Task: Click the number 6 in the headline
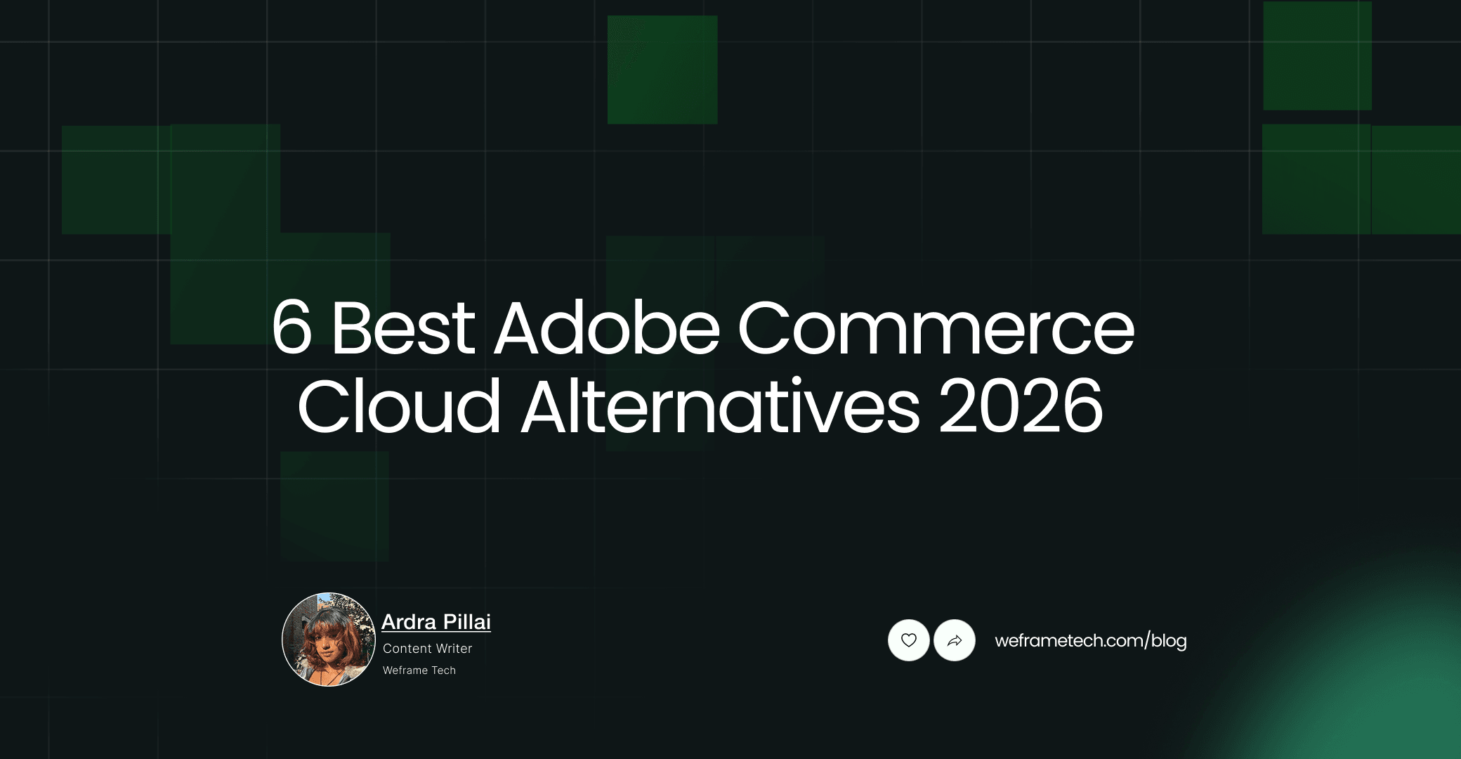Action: point(291,327)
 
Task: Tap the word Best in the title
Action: point(403,327)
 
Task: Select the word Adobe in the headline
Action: point(608,327)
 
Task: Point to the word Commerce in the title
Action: point(936,327)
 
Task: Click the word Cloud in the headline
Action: point(399,407)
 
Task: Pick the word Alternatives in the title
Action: point(720,407)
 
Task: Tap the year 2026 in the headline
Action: point(1021,407)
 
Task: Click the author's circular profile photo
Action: point(329,640)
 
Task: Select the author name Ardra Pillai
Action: point(436,622)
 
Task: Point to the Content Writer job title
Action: point(427,649)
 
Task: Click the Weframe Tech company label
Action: point(419,670)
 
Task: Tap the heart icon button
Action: point(909,640)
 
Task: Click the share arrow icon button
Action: point(955,640)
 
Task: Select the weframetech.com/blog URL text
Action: point(1091,640)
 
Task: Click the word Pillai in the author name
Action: point(467,622)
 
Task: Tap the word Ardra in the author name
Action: point(409,622)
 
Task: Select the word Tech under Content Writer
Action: point(443,670)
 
